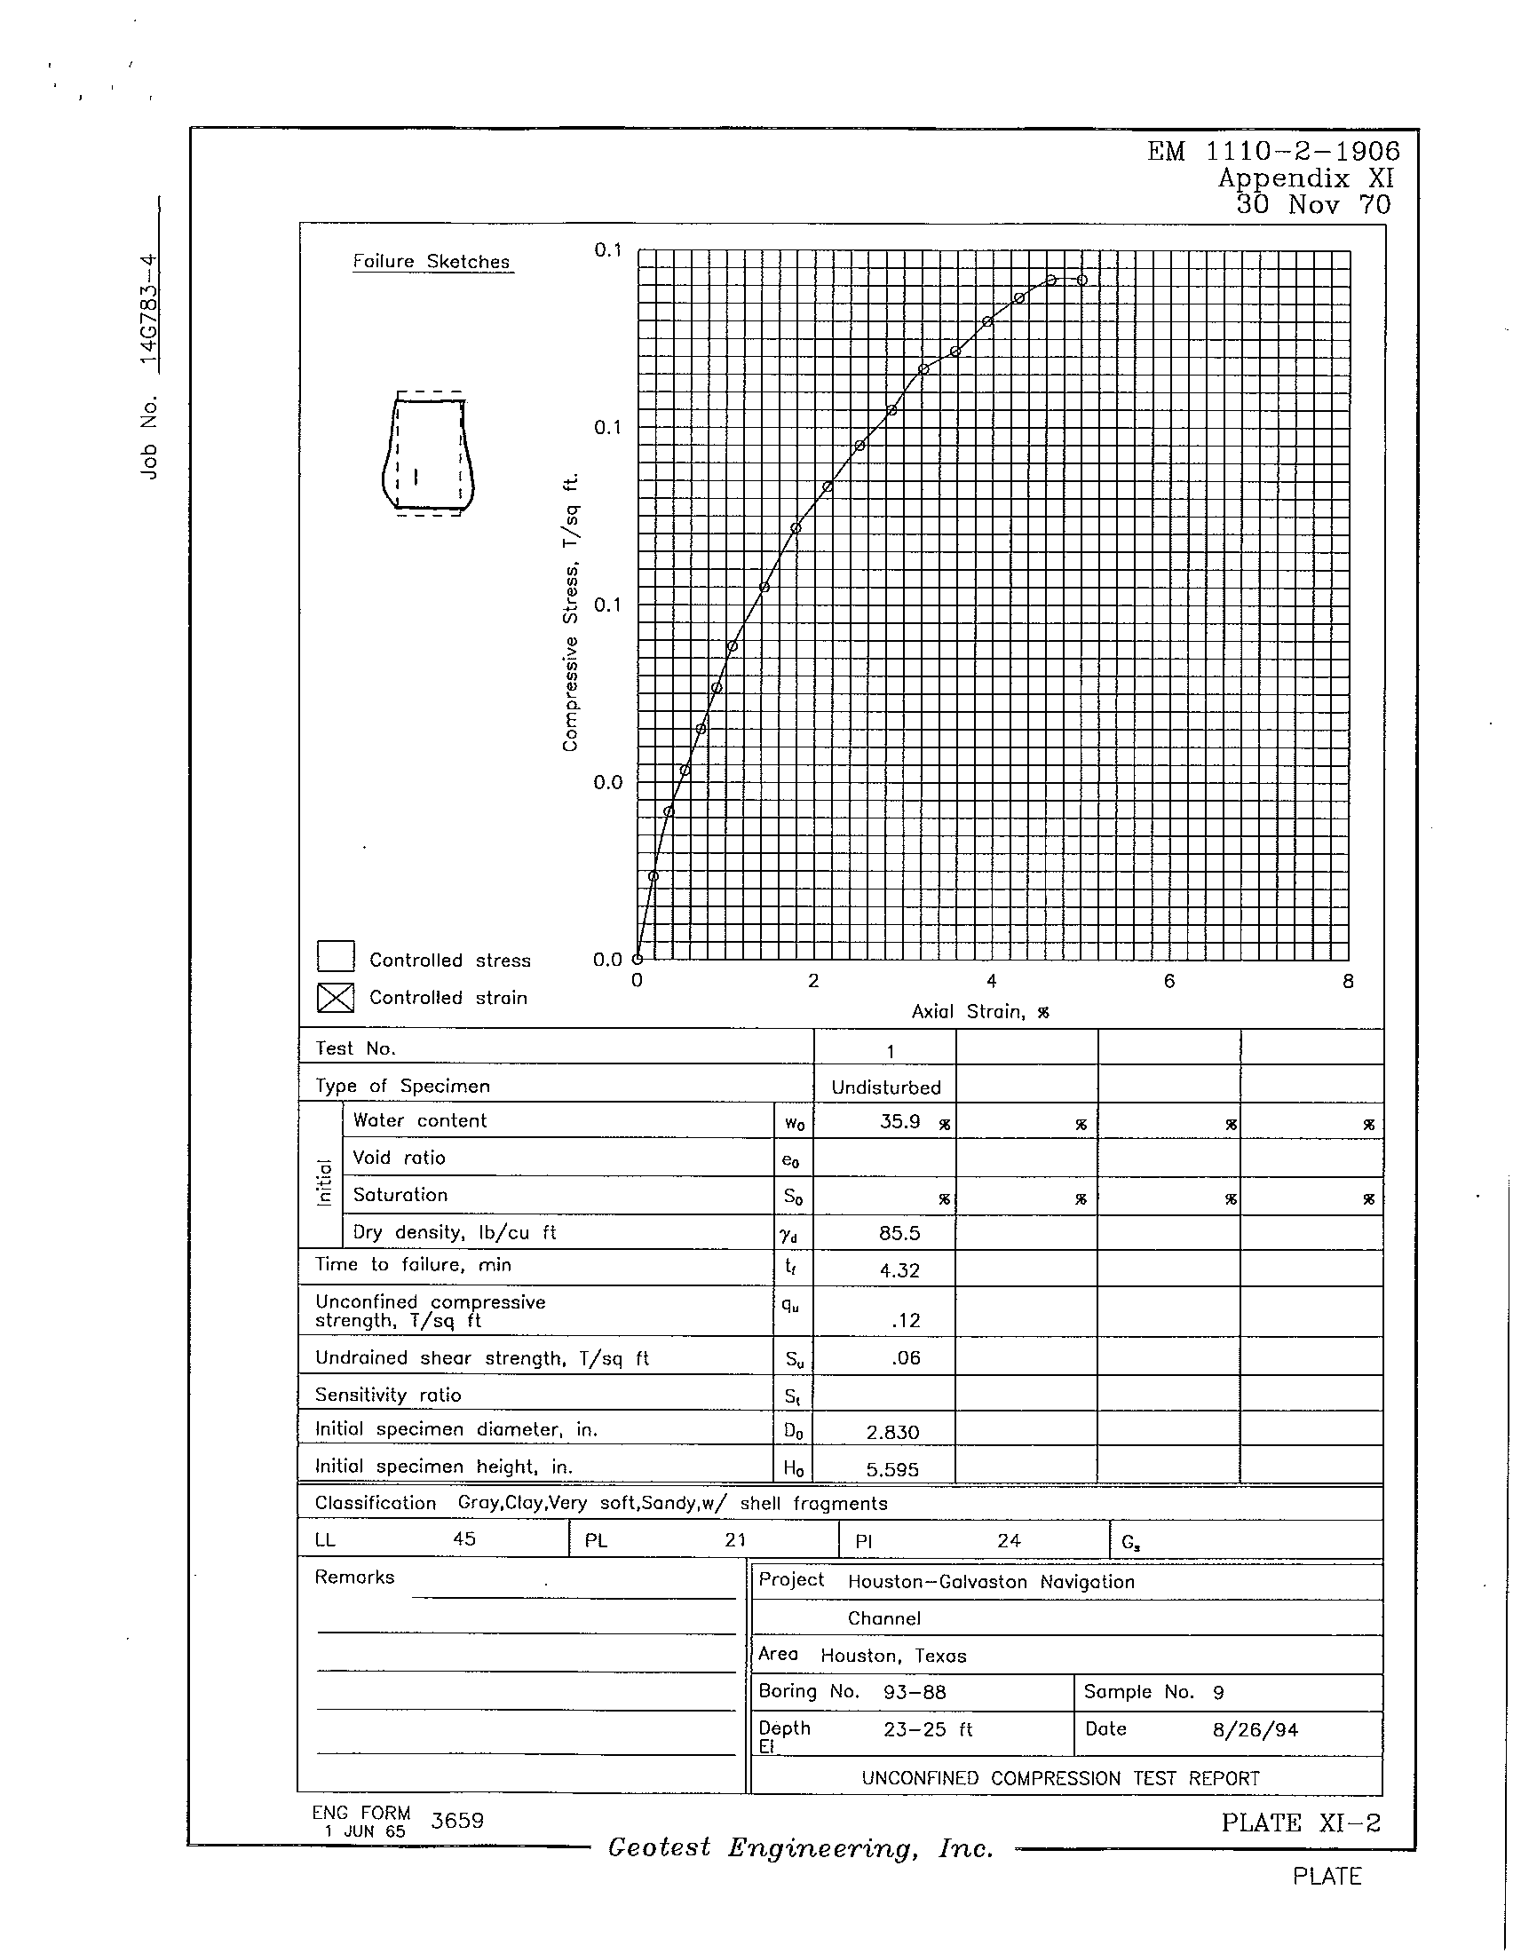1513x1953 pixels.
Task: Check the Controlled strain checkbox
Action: [x=336, y=997]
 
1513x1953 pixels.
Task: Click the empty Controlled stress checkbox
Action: [x=336, y=956]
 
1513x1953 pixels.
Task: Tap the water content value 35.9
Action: [x=899, y=1121]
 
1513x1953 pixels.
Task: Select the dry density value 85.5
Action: [x=899, y=1233]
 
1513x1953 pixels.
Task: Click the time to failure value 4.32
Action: [x=899, y=1270]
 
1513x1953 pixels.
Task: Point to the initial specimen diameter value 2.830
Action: [x=892, y=1433]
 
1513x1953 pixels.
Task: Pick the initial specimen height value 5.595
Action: [x=892, y=1470]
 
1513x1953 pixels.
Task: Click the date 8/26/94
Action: [x=1255, y=1730]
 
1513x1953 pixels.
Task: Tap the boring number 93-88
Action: [x=914, y=1692]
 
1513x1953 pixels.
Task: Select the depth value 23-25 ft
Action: [x=927, y=1729]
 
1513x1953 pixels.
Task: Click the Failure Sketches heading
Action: [x=431, y=262]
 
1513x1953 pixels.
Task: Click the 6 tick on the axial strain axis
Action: [x=1168, y=982]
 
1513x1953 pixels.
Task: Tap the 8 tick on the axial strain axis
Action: [x=1348, y=982]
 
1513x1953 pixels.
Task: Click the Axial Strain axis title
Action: [x=979, y=1011]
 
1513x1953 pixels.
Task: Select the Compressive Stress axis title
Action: [x=570, y=613]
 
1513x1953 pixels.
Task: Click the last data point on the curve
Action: [x=1082, y=280]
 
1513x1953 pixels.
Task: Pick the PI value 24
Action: [x=1009, y=1541]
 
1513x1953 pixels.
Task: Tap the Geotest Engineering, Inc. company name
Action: [x=800, y=1848]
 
